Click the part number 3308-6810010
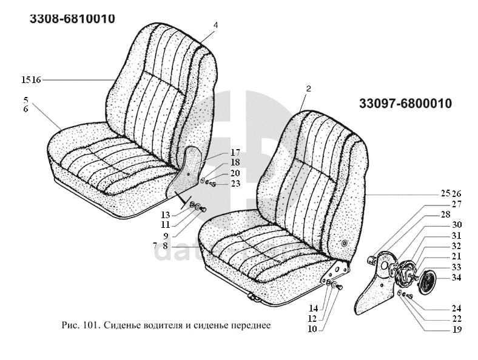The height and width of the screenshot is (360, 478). [72, 19]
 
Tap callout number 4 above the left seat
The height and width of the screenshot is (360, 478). [215, 25]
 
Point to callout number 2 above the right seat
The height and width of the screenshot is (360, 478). [308, 89]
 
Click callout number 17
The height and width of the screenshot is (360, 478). [235, 152]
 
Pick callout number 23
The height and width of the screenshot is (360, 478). [235, 184]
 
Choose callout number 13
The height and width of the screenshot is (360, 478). [165, 215]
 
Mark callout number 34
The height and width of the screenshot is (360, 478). [456, 278]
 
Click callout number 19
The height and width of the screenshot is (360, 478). [456, 330]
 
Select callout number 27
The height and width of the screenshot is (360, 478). [456, 204]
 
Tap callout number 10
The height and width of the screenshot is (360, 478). [312, 329]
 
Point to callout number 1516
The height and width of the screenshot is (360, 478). [31, 80]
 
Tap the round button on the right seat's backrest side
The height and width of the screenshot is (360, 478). [345, 244]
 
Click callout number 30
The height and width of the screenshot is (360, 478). [456, 225]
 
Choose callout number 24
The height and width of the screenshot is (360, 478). [456, 308]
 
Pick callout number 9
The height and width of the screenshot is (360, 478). [165, 235]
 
